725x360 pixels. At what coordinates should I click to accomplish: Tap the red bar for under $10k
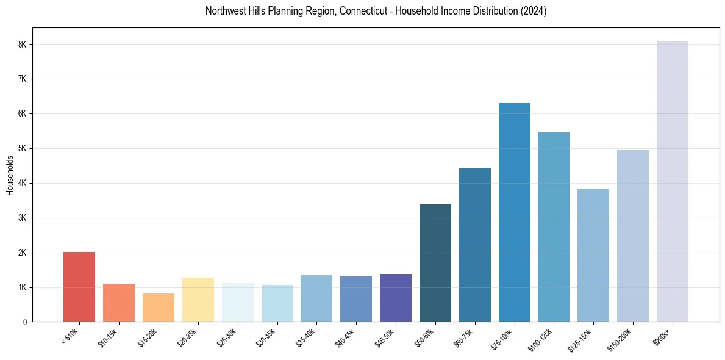coord(79,287)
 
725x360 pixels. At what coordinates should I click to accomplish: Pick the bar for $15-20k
coord(159,308)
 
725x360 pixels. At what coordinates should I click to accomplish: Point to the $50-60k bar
coord(435,263)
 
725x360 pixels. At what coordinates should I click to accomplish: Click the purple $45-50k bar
coord(396,298)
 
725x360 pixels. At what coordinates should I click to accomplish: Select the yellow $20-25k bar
coord(198,300)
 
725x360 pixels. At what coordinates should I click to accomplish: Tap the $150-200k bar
coord(633,236)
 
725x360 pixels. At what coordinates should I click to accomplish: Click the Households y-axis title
coord(10,175)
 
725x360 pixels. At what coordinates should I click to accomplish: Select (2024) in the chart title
coord(534,11)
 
